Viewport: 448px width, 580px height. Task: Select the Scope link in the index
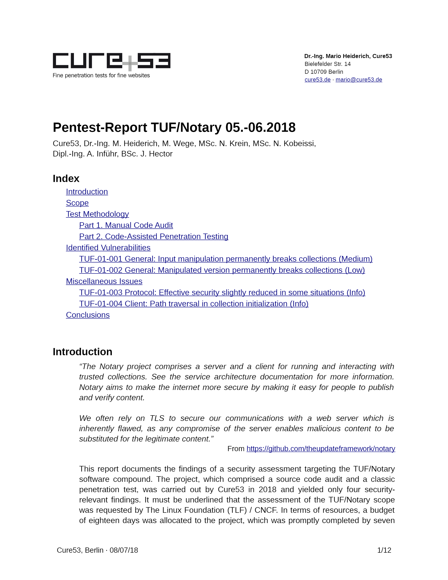pos(77,203)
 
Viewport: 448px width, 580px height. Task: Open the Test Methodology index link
pos(97,214)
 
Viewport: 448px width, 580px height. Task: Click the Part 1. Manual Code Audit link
pos(126,225)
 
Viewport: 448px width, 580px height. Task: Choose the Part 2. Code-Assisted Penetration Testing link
pos(153,236)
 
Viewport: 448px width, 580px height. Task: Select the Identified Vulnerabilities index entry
pos(108,247)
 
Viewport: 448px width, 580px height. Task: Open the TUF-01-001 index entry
pos(226,259)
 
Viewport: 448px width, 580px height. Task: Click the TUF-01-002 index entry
pos(222,270)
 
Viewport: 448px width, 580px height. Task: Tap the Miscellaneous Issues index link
pos(104,281)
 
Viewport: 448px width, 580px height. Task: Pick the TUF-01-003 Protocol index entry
pos(222,292)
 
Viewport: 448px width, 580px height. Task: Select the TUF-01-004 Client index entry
pos(194,303)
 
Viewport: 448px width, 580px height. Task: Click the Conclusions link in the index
pos(88,315)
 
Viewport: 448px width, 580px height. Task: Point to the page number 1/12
pos(384,550)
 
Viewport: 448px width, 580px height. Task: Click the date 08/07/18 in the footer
pos(124,550)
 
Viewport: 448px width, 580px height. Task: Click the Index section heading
pos(66,178)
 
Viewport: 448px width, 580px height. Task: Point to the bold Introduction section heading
pos(82,352)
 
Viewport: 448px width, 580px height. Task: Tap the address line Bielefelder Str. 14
pos(327,64)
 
